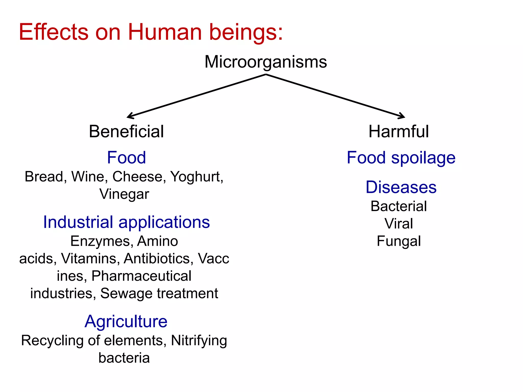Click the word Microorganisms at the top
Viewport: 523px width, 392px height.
[x=266, y=62]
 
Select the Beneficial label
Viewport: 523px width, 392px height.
[x=126, y=132]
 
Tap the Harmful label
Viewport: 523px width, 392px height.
[x=398, y=132]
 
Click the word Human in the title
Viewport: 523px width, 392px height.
[x=165, y=32]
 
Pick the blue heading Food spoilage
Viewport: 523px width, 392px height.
[x=401, y=158]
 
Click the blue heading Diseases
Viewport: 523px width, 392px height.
[x=401, y=187]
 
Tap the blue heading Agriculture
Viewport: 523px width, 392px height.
[x=126, y=321]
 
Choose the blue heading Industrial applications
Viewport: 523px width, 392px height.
[x=126, y=222]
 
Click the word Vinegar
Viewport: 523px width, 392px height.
[x=124, y=194]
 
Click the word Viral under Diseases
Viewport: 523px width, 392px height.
[x=399, y=224]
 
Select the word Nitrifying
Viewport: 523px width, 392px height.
[x=199, y=341]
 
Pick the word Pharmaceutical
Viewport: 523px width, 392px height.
[x=141, y=276]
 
